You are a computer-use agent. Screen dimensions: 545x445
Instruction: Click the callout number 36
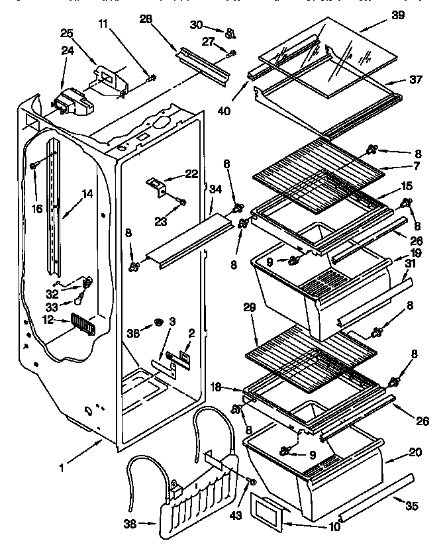pyautogui.click(x=133, y=334)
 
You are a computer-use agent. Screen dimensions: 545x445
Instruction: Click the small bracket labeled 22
pyautogui.click(x=158, y=185)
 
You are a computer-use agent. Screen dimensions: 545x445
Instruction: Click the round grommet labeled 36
pyautogui.click(x=159, y=322)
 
